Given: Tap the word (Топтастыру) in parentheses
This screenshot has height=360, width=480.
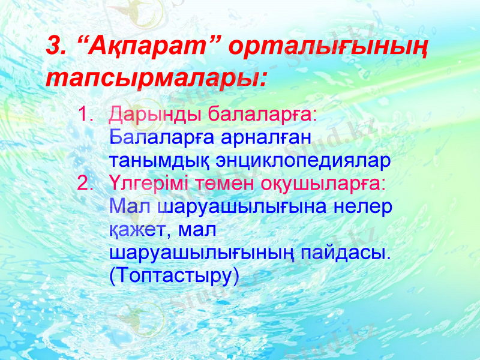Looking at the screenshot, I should click(175, 275).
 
